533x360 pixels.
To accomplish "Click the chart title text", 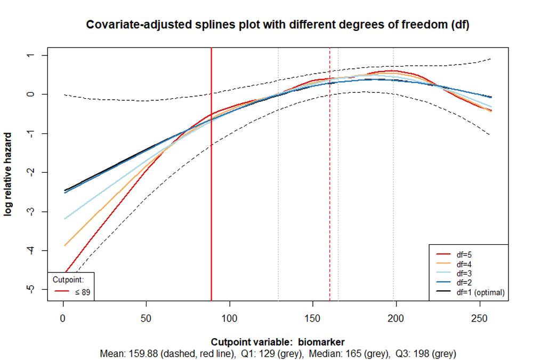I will [278, 25].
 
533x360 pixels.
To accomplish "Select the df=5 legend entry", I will [464, 255].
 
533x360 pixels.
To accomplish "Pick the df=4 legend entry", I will [464, 264].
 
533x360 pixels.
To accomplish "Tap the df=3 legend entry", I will [464, 273].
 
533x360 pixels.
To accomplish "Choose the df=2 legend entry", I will [464, 282].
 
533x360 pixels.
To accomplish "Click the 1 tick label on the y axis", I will [30, 55].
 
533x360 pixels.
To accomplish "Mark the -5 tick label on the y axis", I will [30, 290].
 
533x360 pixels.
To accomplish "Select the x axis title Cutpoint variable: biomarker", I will [278, 342].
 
